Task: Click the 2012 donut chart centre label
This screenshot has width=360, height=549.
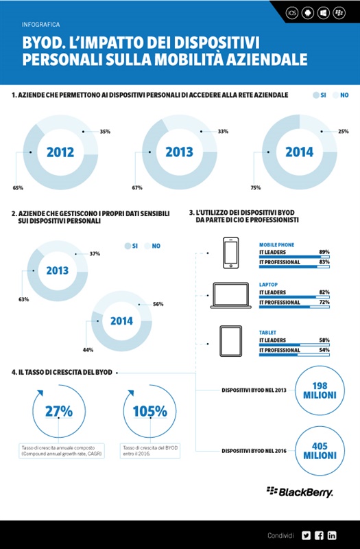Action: (60, 153)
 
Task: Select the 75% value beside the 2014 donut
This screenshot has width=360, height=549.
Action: (255, 186)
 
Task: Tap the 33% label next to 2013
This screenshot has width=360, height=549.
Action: (222, 130)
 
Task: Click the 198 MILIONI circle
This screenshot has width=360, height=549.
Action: (320, 389)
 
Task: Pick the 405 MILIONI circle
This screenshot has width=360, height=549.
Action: (320, 449)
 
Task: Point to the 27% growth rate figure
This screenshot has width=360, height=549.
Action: (59, 412)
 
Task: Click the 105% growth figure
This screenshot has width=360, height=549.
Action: (149, 412)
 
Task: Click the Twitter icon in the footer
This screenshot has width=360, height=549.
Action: (306, 535)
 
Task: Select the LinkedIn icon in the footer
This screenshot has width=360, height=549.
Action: (333, 535)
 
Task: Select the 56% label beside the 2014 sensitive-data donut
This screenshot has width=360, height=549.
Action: (157, 304)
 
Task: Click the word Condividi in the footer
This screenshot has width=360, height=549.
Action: (280, 535)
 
